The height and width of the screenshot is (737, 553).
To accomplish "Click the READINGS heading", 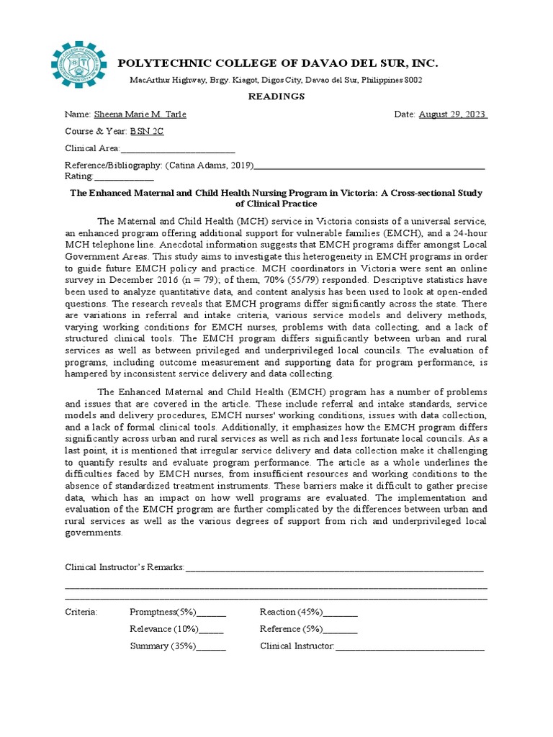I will [276, 96].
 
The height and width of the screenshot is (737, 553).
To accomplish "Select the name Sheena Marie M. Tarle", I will [135, 115].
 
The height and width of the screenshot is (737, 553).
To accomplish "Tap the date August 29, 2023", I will [453, 115].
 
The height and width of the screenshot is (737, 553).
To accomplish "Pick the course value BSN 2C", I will [144, 132].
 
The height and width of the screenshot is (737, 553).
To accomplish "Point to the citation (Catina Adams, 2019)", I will [210, 166].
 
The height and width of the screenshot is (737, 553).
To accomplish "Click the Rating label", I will [78, 176].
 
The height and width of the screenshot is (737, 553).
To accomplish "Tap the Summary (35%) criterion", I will [163, 646].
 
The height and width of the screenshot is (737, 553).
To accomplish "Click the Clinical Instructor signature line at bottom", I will [410, 646].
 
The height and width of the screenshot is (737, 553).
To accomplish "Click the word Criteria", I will [81, 612].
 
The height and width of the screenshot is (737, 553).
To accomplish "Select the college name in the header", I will [277, 64].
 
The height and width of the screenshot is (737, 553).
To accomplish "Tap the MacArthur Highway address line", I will [276, 80].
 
